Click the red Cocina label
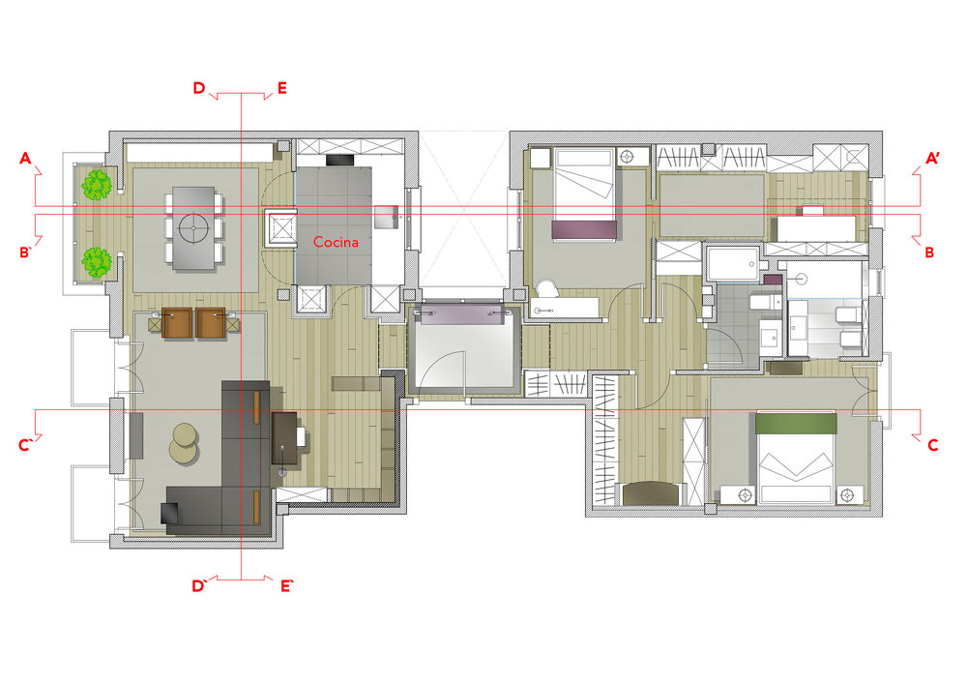[x=336, y=242]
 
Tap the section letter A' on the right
[x=932, y=159]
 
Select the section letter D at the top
[x=198, y=88]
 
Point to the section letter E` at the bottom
[x=286, y=586]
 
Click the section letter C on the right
[x=932, y=445]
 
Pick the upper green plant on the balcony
[x=97, y=185]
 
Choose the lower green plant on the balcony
[x=97, y=261]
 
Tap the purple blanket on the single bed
[x=583, y=229]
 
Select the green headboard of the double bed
[x=796, y=424]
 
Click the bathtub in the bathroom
[x=733, y=263]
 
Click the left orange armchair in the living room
[x=178, y=323]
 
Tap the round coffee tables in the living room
[x=185, y=442]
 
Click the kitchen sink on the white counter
[x=387, y=217]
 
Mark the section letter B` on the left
[x=25, y=252]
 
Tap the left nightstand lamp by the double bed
[x=746, y=494]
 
